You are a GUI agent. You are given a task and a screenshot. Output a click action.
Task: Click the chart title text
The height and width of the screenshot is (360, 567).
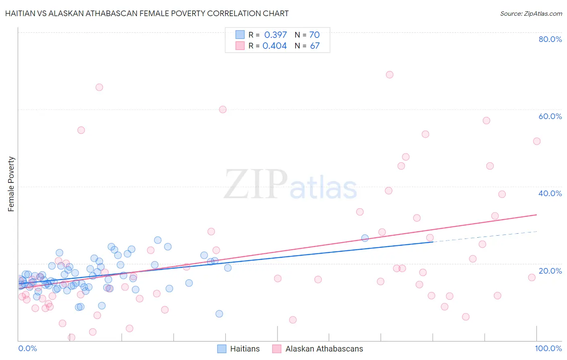click(147, 13)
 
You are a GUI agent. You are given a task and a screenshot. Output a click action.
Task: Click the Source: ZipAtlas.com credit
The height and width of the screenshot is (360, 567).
click(531, 13)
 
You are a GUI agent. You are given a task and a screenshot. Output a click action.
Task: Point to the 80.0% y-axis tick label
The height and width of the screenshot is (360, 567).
click(550, 39)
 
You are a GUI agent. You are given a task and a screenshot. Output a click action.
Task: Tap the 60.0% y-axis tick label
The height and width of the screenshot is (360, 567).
click(550, 116)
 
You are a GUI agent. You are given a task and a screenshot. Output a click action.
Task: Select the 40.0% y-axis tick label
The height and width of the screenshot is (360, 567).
click(550, 193)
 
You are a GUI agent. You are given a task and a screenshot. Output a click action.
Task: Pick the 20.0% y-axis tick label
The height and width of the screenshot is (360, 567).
click(550, 270)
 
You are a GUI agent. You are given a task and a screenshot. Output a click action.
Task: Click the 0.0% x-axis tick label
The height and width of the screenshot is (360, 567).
click(27, 348)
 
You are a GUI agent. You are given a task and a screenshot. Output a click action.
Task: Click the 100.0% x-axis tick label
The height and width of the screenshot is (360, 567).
click(548, 348)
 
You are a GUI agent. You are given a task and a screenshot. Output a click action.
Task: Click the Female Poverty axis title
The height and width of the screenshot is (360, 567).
click(11, 184)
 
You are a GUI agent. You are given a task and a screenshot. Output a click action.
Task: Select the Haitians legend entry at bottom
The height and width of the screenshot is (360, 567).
click(238, 349)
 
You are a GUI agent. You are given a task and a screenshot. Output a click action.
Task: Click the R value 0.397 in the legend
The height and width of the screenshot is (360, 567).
click(275, 35)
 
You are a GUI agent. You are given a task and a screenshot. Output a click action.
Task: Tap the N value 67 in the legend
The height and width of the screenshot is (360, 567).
click(315, 46)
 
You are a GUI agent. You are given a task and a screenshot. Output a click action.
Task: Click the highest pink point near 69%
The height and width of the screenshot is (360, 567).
click(390, 75)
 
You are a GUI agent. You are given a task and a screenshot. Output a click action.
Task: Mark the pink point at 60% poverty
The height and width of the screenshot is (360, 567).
click(223, 109)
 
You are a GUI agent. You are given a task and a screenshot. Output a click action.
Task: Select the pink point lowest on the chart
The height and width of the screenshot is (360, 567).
click(71, 337)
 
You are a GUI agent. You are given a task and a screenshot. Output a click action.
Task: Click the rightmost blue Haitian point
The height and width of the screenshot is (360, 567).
click(365, 238)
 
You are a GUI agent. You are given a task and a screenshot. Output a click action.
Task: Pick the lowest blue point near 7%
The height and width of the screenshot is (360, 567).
click(219, 314)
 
